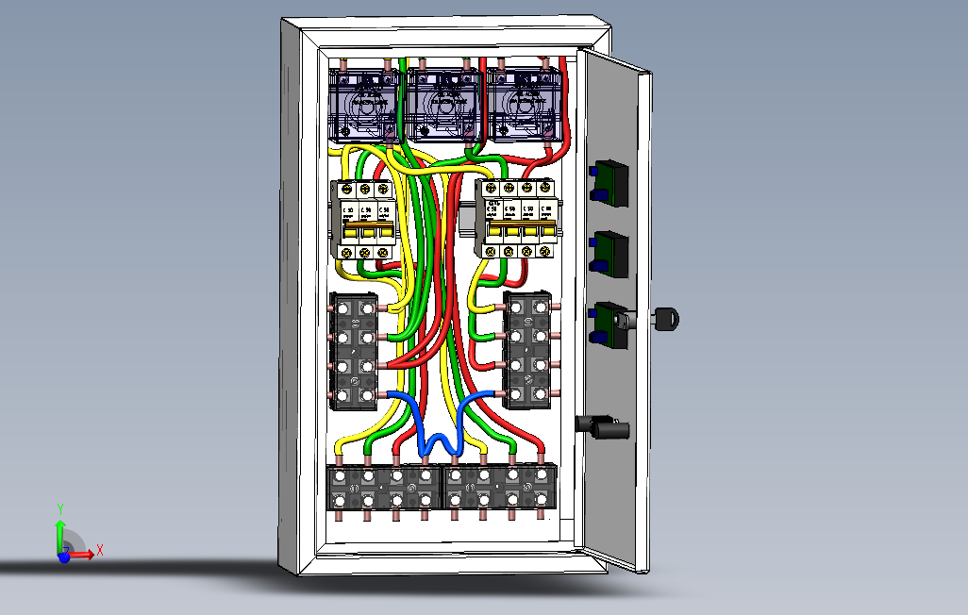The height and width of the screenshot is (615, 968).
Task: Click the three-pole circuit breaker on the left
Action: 365,220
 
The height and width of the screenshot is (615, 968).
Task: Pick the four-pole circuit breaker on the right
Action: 518,220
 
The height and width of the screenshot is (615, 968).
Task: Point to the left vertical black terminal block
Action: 354,351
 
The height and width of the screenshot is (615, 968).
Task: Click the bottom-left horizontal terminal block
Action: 384,489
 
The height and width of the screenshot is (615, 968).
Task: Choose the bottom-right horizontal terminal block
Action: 500,489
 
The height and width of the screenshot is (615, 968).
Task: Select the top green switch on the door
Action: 609,181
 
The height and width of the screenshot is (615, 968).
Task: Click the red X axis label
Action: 99,549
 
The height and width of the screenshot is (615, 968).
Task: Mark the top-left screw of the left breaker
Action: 348,190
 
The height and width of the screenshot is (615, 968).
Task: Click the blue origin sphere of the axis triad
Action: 63,557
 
